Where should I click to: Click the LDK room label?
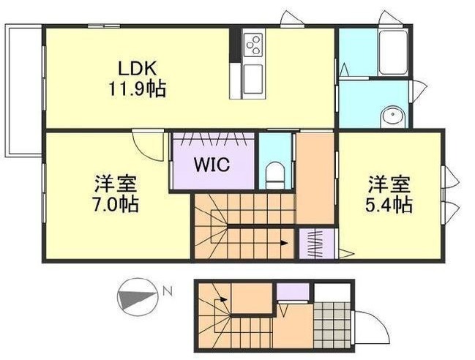coord(137,68)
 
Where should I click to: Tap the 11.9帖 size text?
coord(137,89)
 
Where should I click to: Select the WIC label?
coord(212,165)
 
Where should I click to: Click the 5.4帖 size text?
coord(389,204)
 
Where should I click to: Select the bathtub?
coord(393,52)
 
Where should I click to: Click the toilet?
coord(274,175)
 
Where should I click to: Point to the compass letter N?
coord(168,291)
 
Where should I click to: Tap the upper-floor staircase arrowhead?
coord(284,243)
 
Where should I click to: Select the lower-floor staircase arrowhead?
coord(223,299)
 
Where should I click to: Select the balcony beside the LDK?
coord(23,91)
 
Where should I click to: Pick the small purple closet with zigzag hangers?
coord(317,244)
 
